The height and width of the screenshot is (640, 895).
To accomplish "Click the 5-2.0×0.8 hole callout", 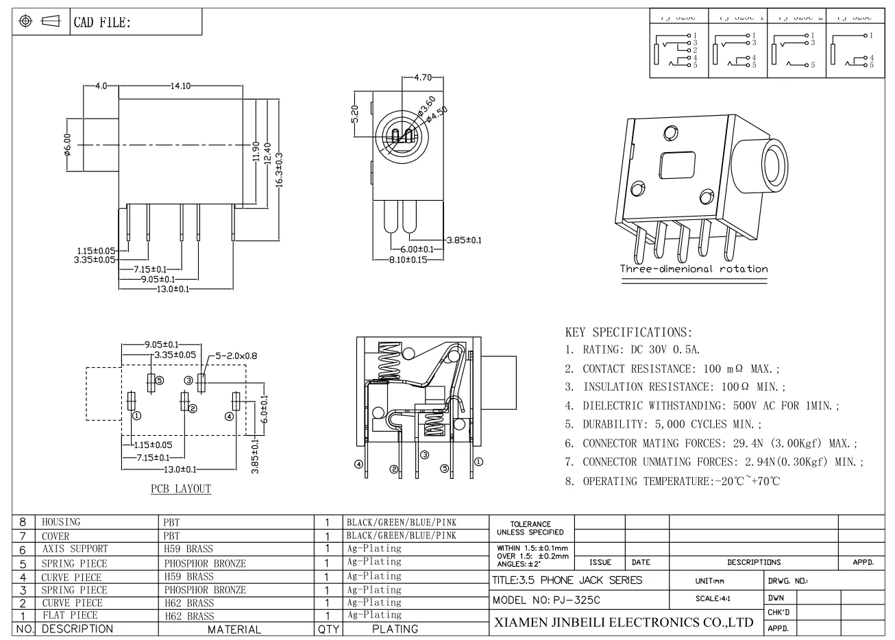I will point(236,356).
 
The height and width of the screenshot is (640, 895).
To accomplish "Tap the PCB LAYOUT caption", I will point(181,489).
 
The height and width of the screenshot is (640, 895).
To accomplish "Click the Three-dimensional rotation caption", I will point(694,269).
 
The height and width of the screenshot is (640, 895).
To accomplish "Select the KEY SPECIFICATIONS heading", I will point(628,332).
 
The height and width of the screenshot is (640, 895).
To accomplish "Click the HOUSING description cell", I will point(61,522).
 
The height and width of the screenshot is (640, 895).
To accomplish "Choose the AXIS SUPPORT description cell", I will point(75,549).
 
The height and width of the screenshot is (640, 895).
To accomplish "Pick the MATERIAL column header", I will point(234,629).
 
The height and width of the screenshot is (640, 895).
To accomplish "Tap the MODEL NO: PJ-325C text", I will point(546,600).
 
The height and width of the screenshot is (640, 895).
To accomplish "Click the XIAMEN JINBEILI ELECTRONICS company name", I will point(624,623).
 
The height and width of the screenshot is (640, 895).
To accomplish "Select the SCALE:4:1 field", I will point(713,598).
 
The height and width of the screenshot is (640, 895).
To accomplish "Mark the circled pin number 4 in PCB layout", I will point(229,417).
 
